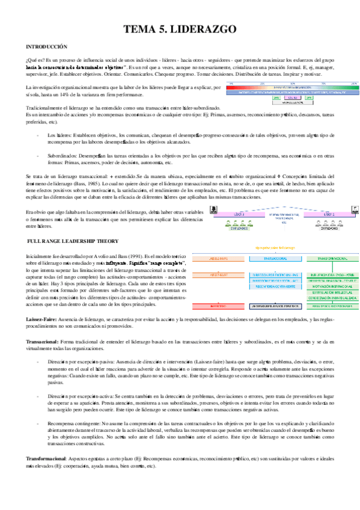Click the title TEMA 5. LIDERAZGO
pos(180,29)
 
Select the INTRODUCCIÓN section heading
pos(46,46)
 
